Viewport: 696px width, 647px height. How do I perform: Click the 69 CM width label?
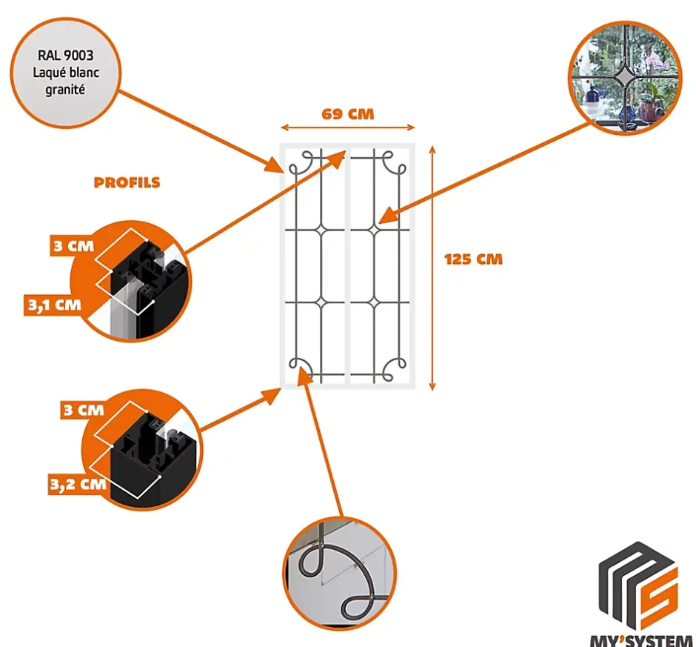(x=347, y=114)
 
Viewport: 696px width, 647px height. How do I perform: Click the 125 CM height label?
(x=473, y=259)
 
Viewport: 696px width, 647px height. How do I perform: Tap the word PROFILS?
(x=127, y=182)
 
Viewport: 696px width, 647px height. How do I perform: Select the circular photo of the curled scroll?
(x=340, y=571)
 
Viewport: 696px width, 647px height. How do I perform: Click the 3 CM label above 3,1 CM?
(x=73, y=246)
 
